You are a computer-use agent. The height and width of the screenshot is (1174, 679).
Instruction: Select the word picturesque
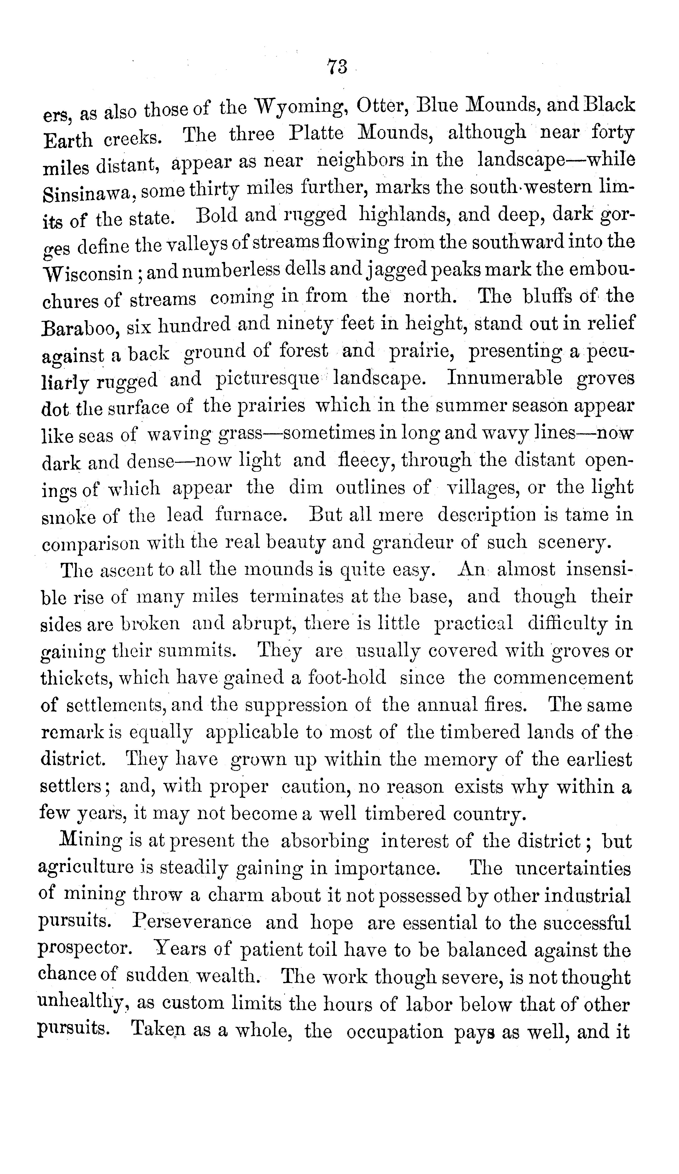point(267,380)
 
